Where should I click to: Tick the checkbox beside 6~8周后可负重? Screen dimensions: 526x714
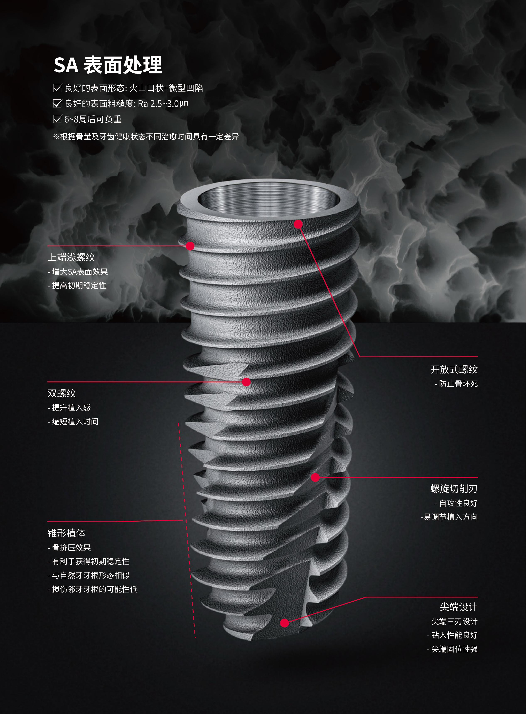57,119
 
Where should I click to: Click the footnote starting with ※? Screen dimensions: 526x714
146,136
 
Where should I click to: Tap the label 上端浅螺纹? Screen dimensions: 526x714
71,257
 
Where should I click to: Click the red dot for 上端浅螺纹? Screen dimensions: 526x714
190,246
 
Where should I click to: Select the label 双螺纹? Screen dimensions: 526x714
62,393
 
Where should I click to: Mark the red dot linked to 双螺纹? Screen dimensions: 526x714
246,382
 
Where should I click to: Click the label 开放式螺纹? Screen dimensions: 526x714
454,369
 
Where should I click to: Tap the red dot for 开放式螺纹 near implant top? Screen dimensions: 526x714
298,224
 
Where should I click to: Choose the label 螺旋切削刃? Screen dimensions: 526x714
454,489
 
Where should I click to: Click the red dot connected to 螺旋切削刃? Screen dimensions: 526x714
315,477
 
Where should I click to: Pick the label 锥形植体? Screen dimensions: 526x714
66,533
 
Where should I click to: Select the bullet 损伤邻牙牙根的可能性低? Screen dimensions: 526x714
92,589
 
